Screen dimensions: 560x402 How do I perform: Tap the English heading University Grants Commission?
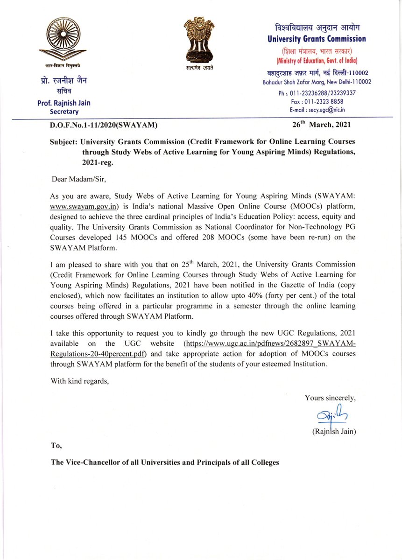[316, 39]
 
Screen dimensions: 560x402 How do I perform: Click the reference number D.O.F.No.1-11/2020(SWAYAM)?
[104, 125]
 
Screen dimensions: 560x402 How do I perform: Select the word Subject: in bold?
[64, 142]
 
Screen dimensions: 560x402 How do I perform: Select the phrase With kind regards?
[80, 381]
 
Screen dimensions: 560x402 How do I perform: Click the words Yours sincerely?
[330, 398]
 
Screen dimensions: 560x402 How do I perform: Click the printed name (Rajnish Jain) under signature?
[333, 432]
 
